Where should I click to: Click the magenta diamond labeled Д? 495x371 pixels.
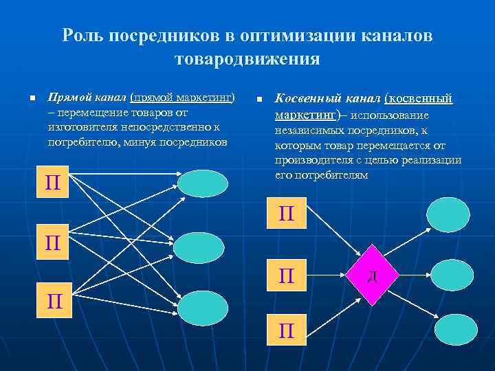(371, 276)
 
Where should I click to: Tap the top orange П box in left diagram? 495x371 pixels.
(53, 183)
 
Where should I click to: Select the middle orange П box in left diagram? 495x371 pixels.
(53, 243)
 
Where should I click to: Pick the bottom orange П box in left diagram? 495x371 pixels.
(53, 302)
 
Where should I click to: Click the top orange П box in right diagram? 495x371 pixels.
(287, 214)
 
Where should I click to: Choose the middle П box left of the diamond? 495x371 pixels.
(287, 276)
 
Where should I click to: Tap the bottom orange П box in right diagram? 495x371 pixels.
(287, 331)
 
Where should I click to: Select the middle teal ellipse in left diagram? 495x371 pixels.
(199, 247)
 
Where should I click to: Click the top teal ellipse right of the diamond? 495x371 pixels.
(448, 214)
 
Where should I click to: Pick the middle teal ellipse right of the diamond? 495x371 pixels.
(448, 275)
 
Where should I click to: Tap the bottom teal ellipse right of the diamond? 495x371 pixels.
(454, 330)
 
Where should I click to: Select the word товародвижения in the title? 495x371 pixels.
(247, 59)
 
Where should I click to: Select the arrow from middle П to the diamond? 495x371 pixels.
(329, 276)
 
